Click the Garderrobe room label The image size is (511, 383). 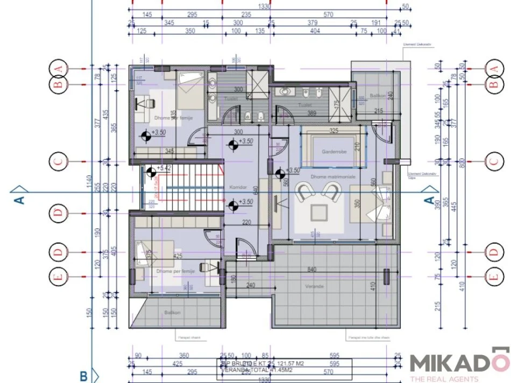[x=332, y=153]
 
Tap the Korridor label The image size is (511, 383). [x=237, y=187]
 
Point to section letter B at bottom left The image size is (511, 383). [x=83, y=375]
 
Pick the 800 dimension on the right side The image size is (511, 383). [x=461, y=162]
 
